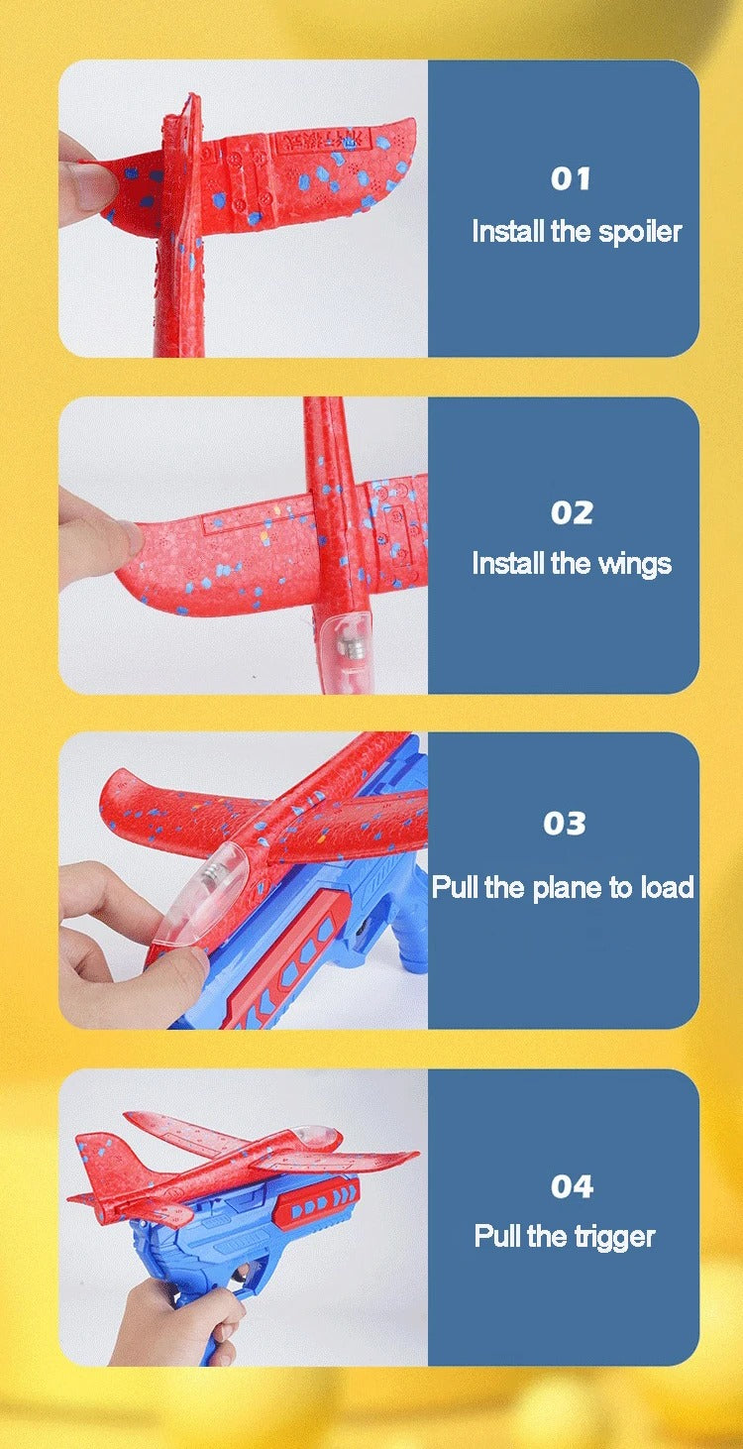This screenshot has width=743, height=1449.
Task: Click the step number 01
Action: coord(571,179)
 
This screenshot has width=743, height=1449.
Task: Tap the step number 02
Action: coord(572,512)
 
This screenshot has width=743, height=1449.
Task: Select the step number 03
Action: coord(564,823)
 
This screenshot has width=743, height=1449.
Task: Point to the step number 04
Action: coord(572,1185)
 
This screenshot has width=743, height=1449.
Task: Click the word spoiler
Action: coord(640,232)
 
